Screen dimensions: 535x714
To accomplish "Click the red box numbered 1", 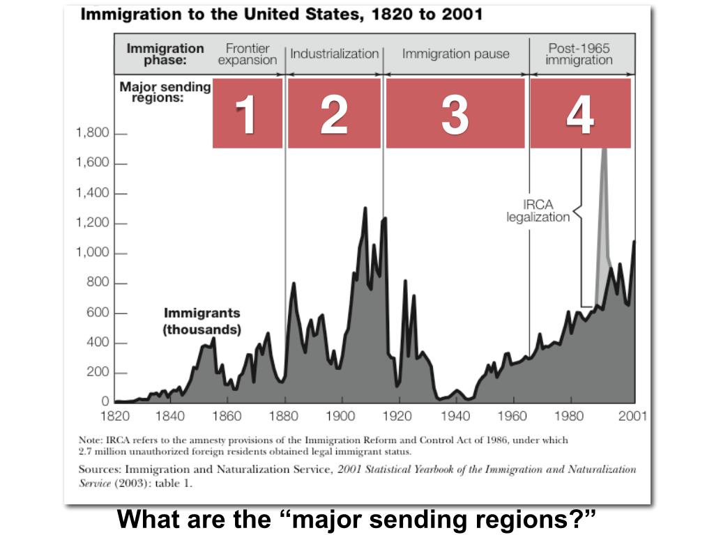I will point(247,113).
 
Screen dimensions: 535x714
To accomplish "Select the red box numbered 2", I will point(334,113).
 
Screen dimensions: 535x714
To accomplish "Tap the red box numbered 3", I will point(455,113).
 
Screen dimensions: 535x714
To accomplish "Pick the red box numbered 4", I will point(580,113).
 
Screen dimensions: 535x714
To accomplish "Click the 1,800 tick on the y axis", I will point(93,133).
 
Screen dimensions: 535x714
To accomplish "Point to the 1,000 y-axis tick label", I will point(93,253).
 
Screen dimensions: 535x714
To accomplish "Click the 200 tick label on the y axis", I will point(98,373).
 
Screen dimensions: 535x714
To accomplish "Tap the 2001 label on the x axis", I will point(632,417).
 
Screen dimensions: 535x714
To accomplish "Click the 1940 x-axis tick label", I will point(456,417).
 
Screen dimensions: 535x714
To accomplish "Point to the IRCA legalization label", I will point(538,210).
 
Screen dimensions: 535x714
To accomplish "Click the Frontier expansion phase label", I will point(248,54).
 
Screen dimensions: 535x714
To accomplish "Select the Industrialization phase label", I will point(334,54).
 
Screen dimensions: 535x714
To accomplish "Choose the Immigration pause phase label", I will point(455,54).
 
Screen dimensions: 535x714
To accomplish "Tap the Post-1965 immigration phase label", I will point(579,54).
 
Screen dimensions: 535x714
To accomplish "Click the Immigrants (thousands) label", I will point(202,321).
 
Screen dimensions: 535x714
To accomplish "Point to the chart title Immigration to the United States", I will point(282,15).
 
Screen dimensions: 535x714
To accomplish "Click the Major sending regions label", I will point(165,91).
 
